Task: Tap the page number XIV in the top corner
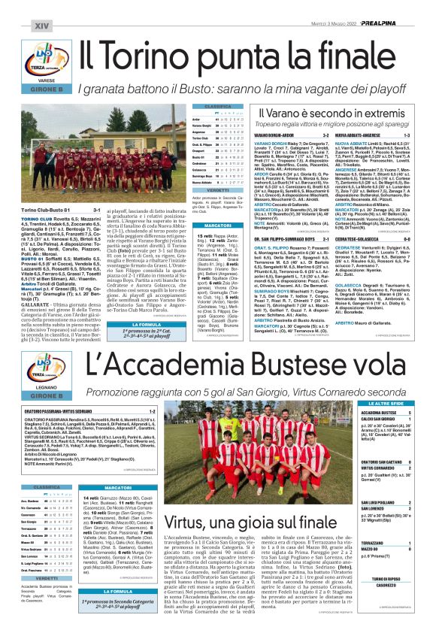[20, 8]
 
